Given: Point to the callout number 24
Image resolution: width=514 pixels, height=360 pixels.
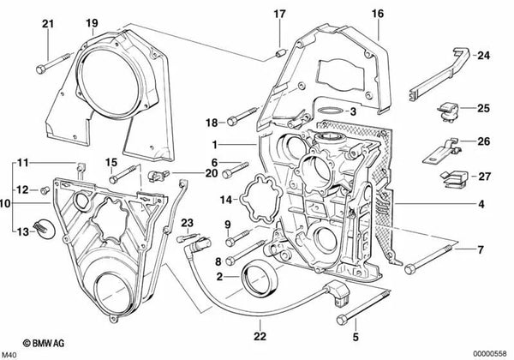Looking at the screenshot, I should point(483,56).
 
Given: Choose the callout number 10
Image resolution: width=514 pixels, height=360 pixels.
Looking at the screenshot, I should point(5,204).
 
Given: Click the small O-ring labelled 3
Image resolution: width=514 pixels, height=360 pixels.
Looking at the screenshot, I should point(323,111).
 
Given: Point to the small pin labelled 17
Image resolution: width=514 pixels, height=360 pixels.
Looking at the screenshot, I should point(280,51).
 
